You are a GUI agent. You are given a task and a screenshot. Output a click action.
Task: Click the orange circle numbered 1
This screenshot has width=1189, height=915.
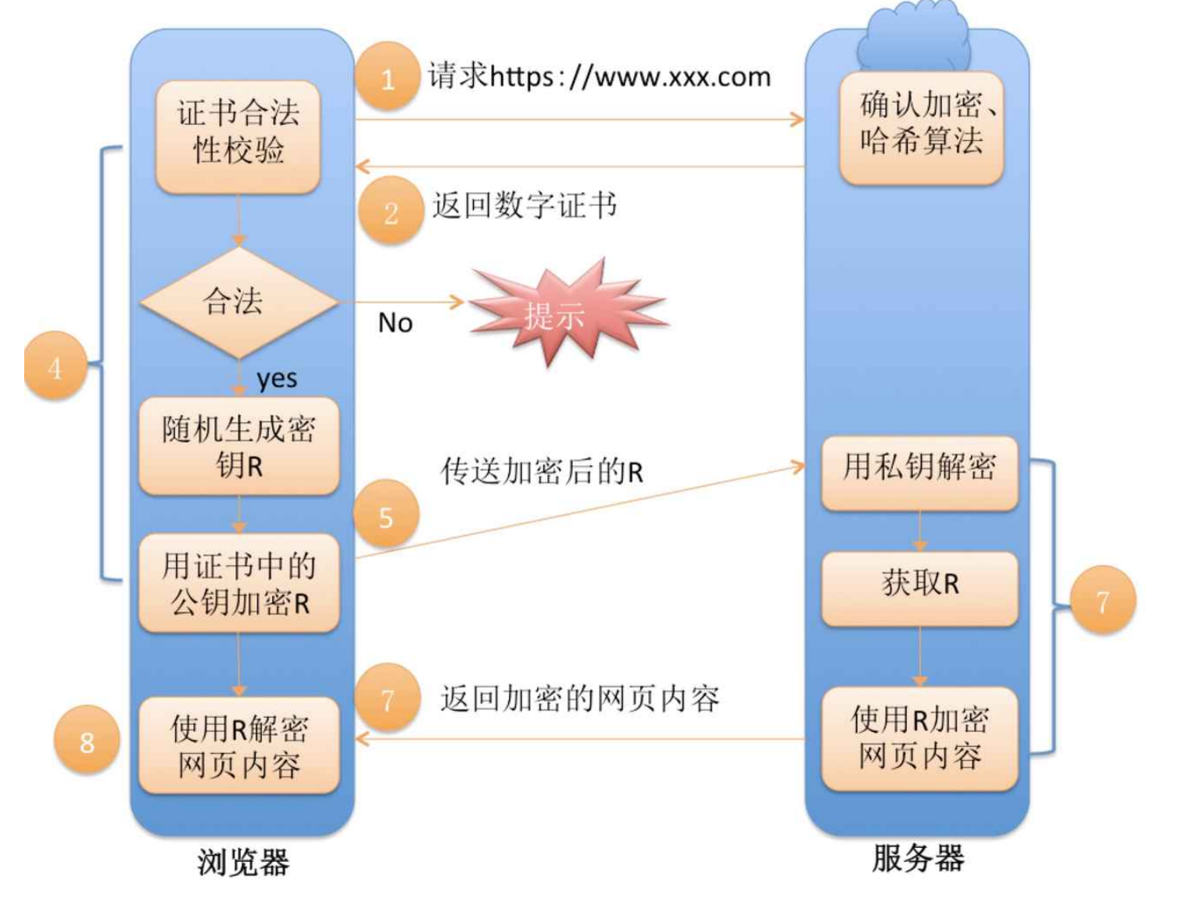pos(388,77)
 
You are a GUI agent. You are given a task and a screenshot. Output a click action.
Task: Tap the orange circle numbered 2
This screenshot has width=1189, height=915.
pos(391,211)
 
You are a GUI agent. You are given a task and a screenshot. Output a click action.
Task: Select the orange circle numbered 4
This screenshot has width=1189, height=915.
pos(55,366)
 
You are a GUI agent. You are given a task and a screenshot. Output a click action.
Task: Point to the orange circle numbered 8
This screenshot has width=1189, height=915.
pos(86,740)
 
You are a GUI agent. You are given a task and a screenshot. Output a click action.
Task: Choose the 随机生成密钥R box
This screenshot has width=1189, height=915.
pos(239,446)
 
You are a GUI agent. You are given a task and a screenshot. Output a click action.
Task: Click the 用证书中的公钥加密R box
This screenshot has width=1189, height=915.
pos(239,583)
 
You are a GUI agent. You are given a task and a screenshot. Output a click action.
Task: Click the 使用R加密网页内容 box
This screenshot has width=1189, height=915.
pos(919,737)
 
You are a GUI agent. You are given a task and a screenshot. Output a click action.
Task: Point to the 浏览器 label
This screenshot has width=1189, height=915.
pos(243,863)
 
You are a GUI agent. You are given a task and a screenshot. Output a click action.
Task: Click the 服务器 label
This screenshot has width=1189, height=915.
pos(918,859)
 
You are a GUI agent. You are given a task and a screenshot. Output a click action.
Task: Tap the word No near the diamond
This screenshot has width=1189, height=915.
pos(395,323)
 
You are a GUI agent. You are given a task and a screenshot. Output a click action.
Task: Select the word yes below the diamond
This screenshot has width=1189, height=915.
pos(277,379)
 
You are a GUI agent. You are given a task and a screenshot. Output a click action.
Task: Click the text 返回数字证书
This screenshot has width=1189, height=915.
pos(525,206)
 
